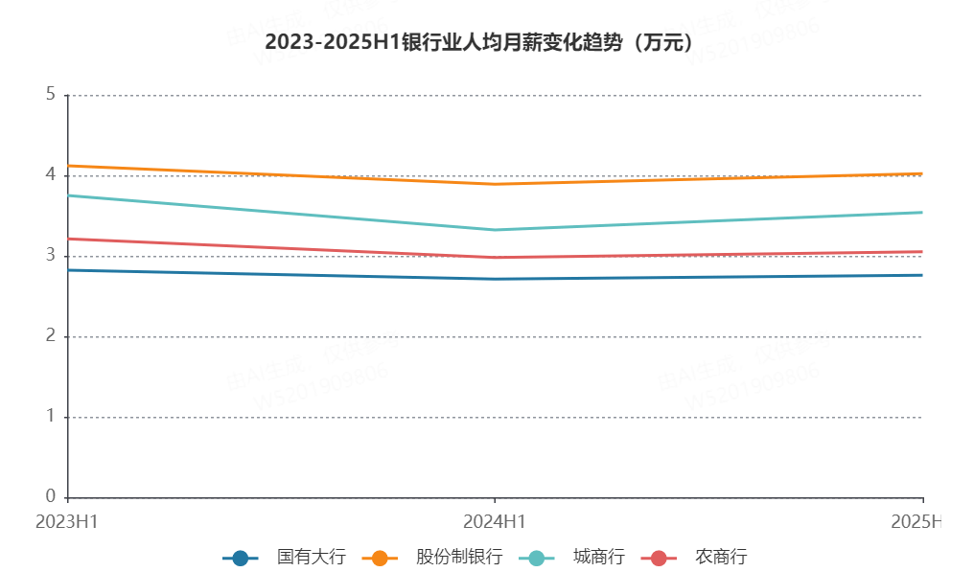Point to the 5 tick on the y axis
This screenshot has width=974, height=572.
tap(50, 95)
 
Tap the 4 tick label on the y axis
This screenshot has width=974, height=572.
tap(50, 175)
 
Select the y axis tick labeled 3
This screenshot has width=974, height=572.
tap(50, 256)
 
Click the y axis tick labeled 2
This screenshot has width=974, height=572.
tap(50, 336)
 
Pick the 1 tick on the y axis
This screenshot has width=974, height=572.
tap(50, 417)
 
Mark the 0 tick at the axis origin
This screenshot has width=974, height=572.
tap(50, 496)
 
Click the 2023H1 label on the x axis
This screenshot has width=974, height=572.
tap(67, 522)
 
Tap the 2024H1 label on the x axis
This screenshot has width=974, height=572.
tap(495, 522)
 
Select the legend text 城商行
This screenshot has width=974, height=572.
tap(599, 558)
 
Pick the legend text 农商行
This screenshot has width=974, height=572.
tap(721, 558)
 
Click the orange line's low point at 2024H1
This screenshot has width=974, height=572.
tap(495, 184)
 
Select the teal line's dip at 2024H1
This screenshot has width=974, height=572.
tap(495, 230)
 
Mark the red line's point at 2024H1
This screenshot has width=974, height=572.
tap(495, 258)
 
